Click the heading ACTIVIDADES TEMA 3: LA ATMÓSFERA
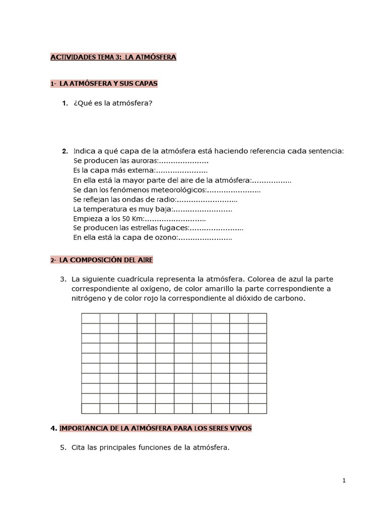[113, 57]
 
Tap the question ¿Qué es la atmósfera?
[113, 103]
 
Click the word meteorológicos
[177, 190]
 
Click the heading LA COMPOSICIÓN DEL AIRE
[106, 260]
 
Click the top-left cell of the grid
[91, 318]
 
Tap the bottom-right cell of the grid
[257, 408]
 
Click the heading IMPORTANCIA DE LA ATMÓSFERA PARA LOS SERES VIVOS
[155, 428]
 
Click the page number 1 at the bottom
[344, 481]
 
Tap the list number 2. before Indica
[65, 151]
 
